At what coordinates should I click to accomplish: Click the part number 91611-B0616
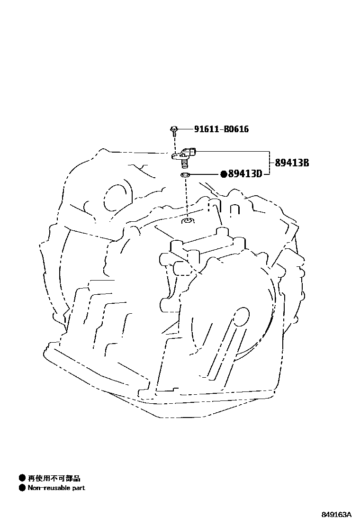(221, 129)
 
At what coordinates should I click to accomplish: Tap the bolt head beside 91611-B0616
(174, 128)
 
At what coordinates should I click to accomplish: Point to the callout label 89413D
(245, 174)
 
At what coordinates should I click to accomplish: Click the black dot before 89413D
(224, 174)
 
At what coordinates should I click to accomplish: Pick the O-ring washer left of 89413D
(186, 176)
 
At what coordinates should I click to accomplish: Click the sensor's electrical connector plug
(192, 152)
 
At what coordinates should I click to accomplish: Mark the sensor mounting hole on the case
(188, 220)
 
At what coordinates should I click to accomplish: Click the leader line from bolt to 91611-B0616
(185, 129)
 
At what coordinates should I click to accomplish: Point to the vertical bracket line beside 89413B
(270, 163)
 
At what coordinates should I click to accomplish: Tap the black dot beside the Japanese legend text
(22, 478)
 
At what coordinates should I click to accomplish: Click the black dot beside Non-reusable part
(22, 488)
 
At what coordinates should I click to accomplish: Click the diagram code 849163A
(336, 515)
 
